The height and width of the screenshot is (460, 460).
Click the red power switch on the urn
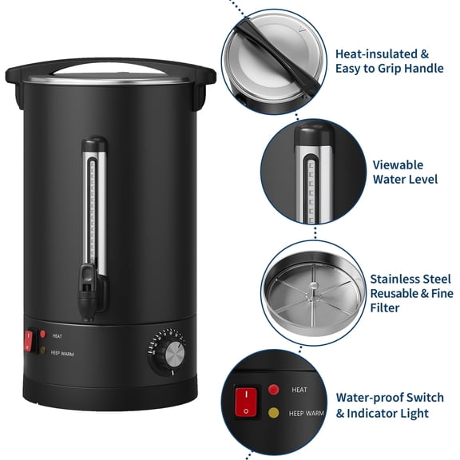coord(29,341)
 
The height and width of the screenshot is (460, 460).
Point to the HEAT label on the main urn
coord(57,337)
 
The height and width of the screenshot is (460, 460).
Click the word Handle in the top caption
coord(415,69)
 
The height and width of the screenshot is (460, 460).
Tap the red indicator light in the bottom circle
coord(274,390)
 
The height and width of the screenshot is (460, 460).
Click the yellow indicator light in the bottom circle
coord(274,413)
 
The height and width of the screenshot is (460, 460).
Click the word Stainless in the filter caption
coord(397,280)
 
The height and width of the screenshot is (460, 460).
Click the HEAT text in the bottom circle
coord(299,390)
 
